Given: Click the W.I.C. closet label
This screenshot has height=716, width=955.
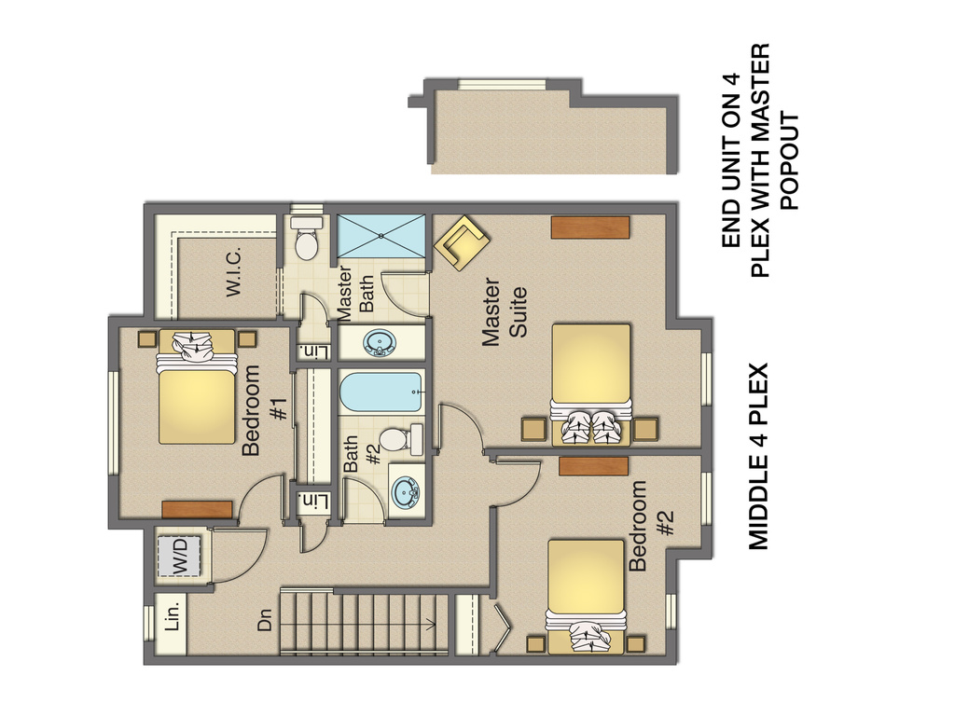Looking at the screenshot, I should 233,273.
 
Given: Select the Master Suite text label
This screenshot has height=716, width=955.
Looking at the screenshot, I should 504,313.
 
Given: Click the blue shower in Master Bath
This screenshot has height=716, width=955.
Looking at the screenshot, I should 381,236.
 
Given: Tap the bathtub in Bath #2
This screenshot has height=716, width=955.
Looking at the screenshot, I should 381,393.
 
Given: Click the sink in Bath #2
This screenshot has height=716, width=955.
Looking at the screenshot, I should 405,491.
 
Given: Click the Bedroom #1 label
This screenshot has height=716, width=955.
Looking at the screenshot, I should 265,410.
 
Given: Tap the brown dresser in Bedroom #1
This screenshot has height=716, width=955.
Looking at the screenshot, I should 197,509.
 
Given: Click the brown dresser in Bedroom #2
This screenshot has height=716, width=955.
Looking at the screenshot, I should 593,466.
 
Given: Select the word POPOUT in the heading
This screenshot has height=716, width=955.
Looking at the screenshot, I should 790,160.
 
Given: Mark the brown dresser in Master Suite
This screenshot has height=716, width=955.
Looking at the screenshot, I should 589,227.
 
